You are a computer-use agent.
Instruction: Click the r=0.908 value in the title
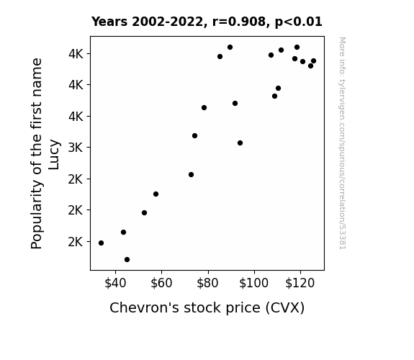tap(239, 22)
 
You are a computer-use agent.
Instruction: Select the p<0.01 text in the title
tap(298, 22)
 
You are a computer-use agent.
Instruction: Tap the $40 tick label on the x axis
tap(115, 283)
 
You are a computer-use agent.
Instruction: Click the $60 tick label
tap(161, 283)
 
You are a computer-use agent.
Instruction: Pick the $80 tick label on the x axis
tap(207, 283)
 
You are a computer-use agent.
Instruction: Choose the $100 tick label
tap(253, 283)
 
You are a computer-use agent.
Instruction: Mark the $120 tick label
tap(300, 283)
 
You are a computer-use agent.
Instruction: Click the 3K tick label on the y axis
tap(76, 148)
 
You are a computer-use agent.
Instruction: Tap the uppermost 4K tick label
tap(76, 54)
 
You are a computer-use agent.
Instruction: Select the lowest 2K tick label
tap(76, 242)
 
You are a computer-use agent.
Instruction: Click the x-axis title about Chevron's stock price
tap(207, 308)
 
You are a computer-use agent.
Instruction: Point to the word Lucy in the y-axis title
tap(54, 155)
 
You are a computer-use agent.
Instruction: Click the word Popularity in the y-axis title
tap(37, 215)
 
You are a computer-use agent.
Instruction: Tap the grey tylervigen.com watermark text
tap(343, 143)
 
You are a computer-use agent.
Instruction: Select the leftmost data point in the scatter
tap(101, 243)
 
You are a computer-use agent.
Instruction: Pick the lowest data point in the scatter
tap(127, 260)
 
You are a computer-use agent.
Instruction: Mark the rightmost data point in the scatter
tap(313, 61)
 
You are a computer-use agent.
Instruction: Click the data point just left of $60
tap(156, 194)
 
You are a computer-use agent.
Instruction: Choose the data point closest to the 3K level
tap(240, 143)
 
